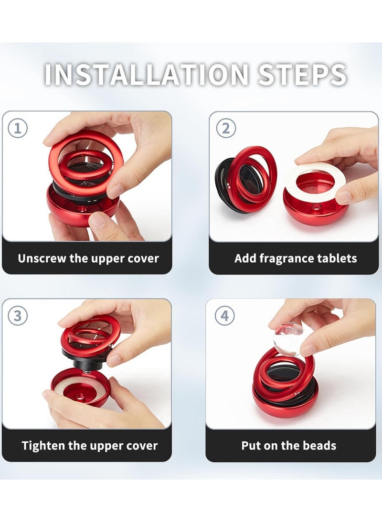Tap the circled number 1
(x=17, y=128)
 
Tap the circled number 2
(x=226, y=128)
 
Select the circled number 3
(x=17, y=316)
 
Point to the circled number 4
(x=224, y=316)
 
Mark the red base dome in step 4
(x=285, y=401)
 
